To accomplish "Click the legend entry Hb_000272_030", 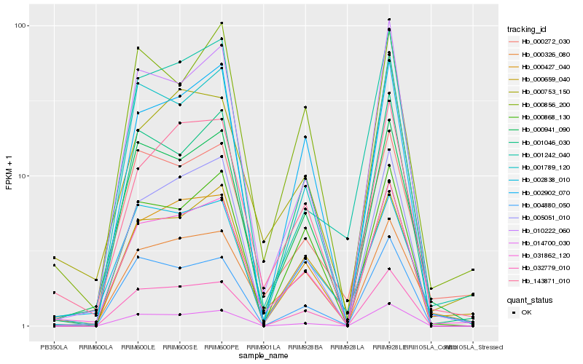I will tap(543, 41).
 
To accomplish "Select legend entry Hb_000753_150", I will tap(543, 92).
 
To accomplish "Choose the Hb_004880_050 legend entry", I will tap(543, 205).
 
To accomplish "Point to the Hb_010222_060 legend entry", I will tap(543, 231).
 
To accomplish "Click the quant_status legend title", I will tap(530, 299).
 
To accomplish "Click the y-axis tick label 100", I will tap(20, 25).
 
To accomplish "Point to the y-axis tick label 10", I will tap(23, 176).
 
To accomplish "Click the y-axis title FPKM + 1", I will tap(9, 175).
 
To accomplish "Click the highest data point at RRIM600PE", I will tap(222, 23).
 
